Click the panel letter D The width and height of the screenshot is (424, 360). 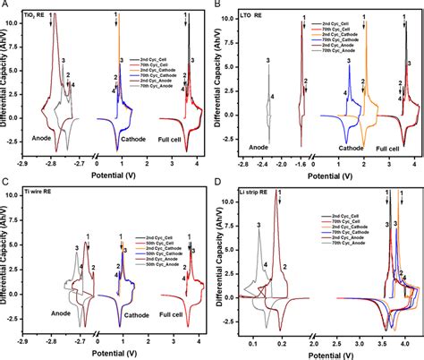tap(219, 184)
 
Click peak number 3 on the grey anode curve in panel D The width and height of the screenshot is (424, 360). tap(259, 226)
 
